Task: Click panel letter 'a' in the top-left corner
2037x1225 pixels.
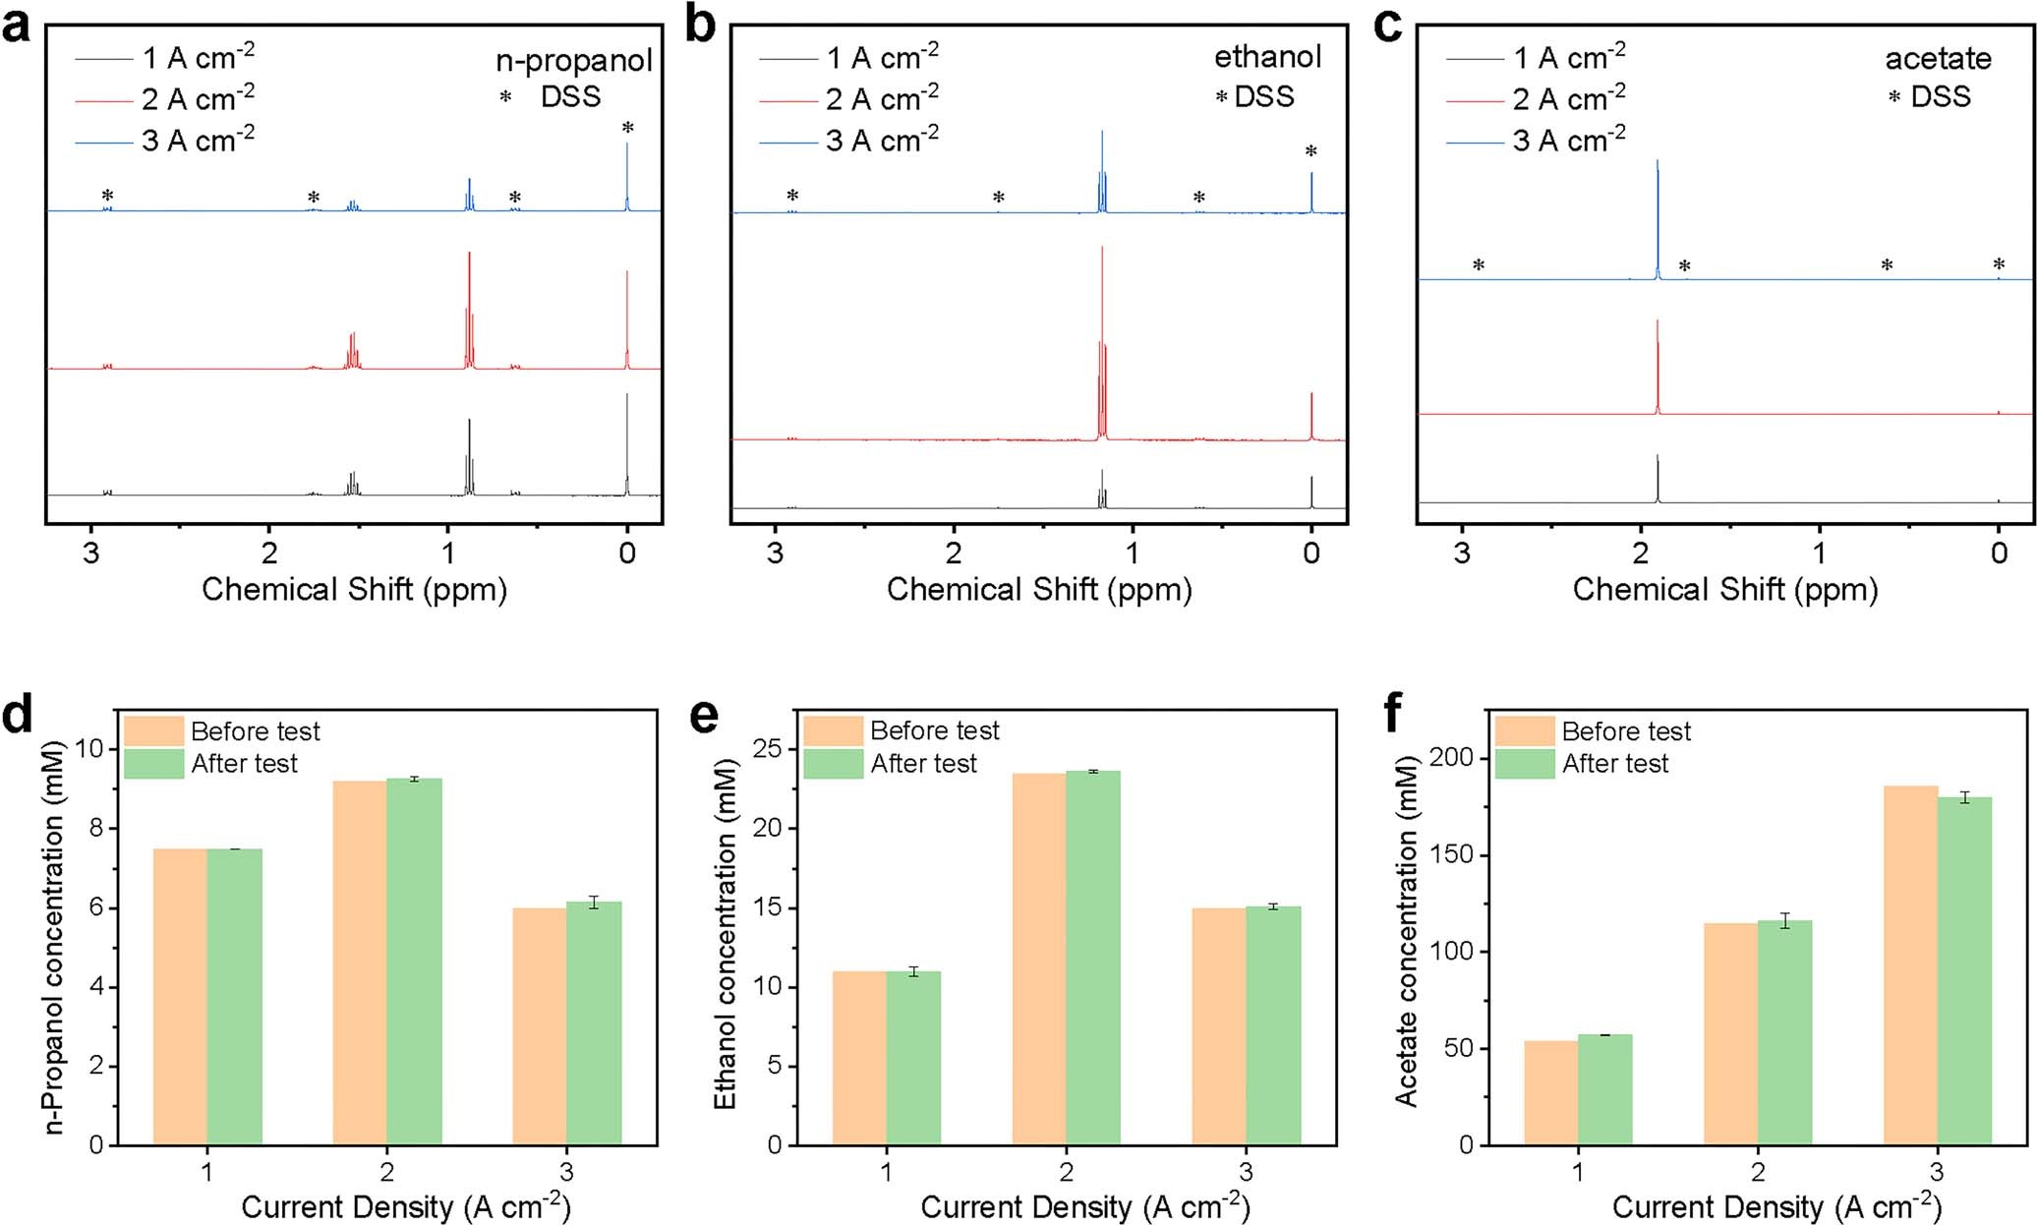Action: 17,26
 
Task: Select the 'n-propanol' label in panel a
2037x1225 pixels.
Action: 573,60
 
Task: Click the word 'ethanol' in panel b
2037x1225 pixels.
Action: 1267,57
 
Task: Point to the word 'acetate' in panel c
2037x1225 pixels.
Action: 1938,59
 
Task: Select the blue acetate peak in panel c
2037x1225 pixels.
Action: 1658,216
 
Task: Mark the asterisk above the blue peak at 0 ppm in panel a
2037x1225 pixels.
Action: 627,129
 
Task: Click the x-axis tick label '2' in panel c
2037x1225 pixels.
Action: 1640,553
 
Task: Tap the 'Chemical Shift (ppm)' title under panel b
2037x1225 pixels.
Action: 1038,590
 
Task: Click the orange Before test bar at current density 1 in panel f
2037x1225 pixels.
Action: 1550,1091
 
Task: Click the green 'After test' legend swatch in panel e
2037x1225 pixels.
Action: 834,764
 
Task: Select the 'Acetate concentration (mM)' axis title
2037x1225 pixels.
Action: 1406,931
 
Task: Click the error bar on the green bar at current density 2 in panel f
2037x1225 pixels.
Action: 1784,921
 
